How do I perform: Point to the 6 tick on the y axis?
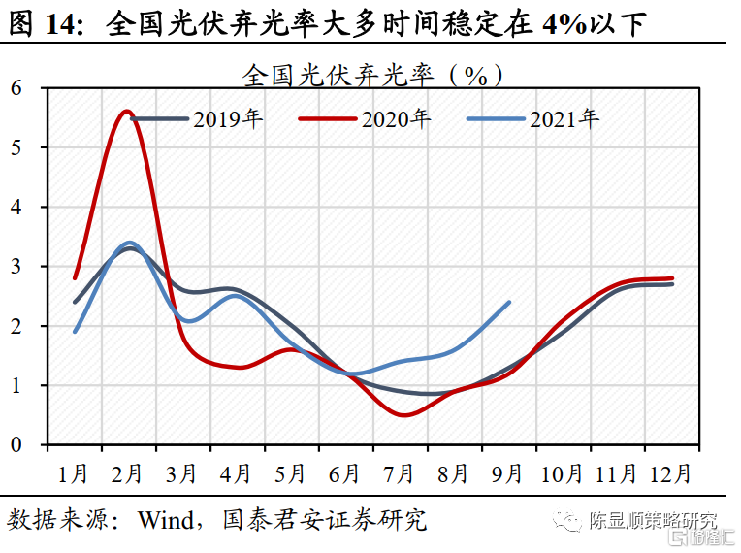[16, 87]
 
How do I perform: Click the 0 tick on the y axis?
[16, 444]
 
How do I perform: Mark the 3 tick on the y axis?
[16, 266]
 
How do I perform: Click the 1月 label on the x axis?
[74, 473]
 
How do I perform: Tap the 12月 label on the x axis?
[669, 473]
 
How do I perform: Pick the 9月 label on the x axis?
[507, 473]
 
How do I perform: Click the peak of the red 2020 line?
[127, 112]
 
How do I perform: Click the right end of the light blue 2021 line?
[509, 302]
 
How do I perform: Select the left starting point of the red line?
[75, 277]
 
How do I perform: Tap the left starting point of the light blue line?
[75, 331]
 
